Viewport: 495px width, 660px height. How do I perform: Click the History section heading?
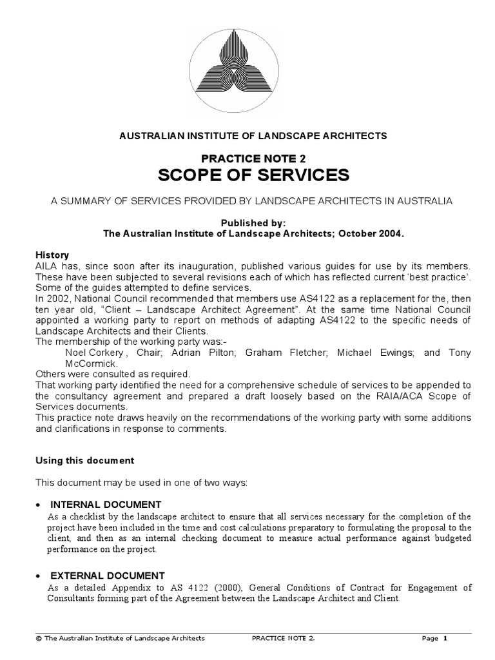53,255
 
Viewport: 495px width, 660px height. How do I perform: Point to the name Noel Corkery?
92,353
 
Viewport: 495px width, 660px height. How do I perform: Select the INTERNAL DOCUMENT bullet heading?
105,504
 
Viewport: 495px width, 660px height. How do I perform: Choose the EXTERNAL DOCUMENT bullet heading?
107,575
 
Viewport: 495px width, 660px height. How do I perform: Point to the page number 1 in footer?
445,638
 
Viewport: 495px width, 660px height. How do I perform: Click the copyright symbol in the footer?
39,638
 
